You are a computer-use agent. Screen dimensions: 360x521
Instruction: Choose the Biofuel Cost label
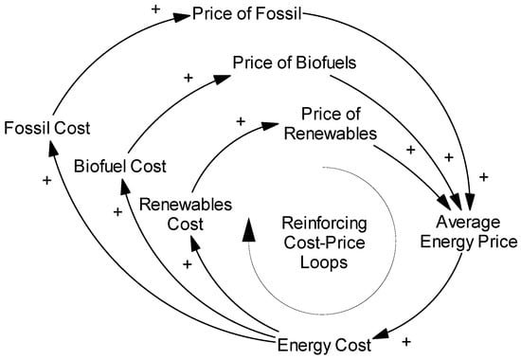pos(120,167)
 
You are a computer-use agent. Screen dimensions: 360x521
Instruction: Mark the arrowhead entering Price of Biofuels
pos(220,82)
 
